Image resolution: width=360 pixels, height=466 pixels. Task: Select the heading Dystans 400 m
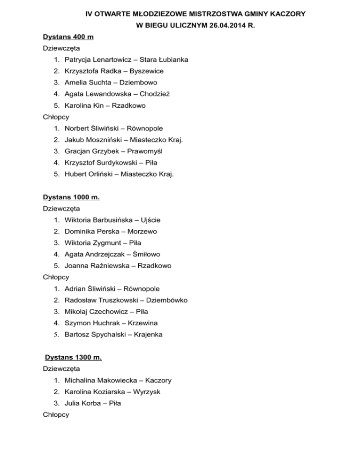pyautogui.click(x=68, y=37)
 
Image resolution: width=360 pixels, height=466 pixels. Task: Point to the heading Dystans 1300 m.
pyautogui.click(x=74, y=358)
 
